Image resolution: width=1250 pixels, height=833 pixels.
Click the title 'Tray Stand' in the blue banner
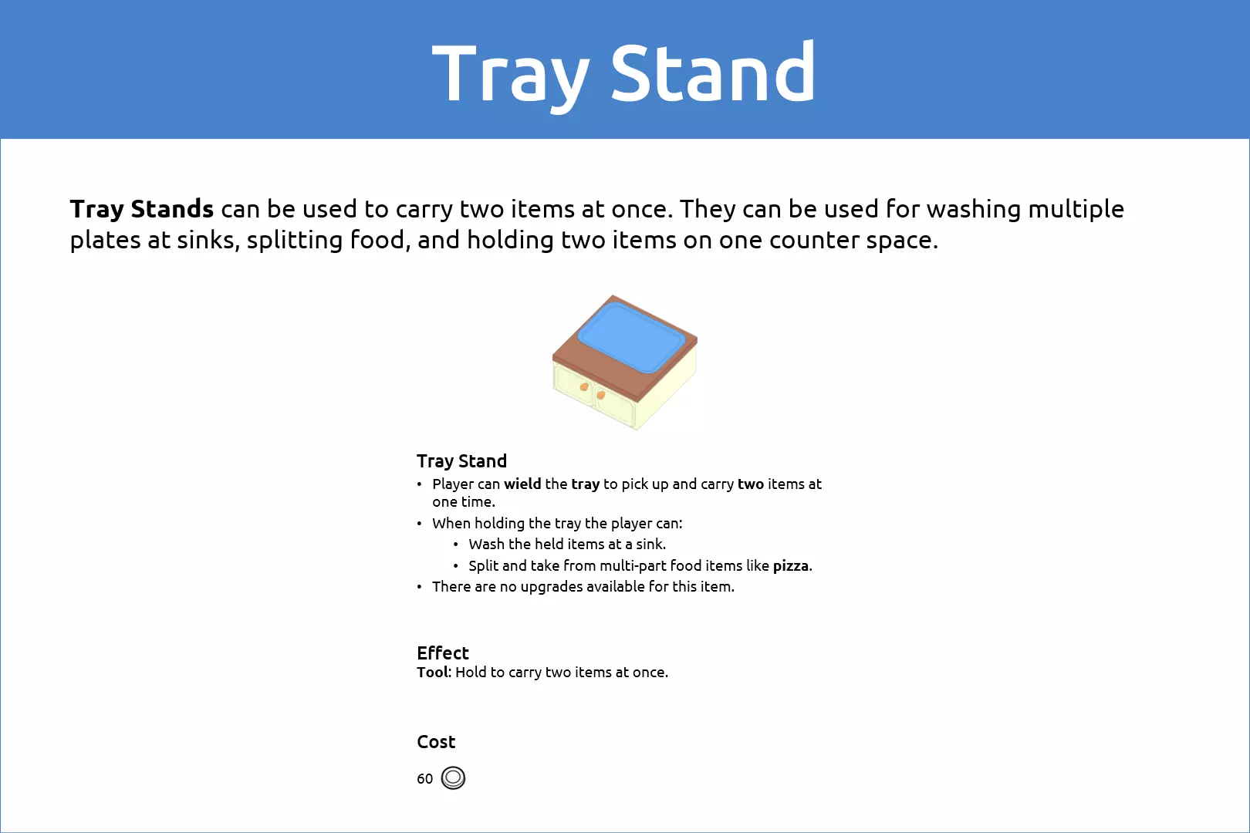[624, 74]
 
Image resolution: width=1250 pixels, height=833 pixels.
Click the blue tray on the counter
[631, 337]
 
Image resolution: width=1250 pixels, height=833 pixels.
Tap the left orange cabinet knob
[583, 386]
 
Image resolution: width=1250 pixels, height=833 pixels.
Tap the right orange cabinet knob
[601, 394]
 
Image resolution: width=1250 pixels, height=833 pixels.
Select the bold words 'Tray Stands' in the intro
[142, 209]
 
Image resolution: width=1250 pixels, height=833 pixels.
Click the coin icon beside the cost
[453, 777]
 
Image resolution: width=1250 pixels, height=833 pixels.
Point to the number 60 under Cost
[424, 779]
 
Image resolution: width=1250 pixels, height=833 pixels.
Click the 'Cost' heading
[436, 741]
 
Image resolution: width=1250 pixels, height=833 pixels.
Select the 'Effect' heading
[443, 653]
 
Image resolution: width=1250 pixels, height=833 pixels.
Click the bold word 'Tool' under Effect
[432, 673]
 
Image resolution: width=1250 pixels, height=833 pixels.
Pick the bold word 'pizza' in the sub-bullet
[791, 566]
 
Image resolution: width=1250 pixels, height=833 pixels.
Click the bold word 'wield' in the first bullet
[522, 484]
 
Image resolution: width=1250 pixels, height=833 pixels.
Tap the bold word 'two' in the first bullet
[751, 484]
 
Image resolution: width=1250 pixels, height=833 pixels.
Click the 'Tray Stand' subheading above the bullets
[461, 461]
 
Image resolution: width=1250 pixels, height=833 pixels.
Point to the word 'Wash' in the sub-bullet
[487, 544]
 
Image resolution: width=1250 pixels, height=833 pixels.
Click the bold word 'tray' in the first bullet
[586, 484]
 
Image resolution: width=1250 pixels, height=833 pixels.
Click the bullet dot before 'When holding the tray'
[420, 524]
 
